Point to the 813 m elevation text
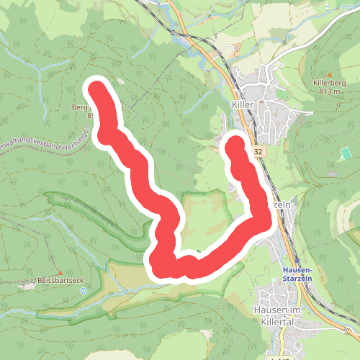[329, 91]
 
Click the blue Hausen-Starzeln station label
[292, 274]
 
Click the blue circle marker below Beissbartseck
[83, 291]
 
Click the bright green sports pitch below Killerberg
[346, 152]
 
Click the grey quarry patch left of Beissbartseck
[27, 287]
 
